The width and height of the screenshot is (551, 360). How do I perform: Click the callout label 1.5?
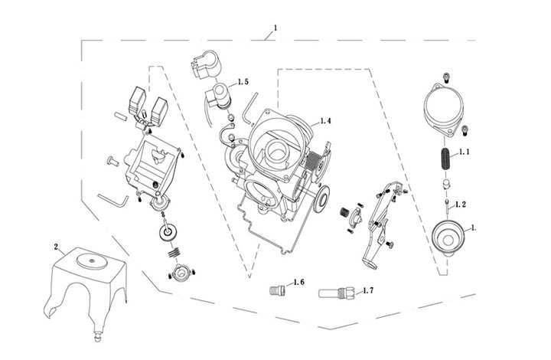pos(243,81)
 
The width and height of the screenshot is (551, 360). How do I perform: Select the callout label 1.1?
pos(463,152)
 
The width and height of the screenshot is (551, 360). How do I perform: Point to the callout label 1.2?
pos(461,205)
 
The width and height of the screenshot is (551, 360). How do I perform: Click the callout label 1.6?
pos(298,283)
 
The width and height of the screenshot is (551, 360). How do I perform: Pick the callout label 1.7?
pos(367,291)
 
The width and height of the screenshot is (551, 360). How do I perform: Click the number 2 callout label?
pos(55,247)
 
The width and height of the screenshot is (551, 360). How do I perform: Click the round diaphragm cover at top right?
pos(442,107)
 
